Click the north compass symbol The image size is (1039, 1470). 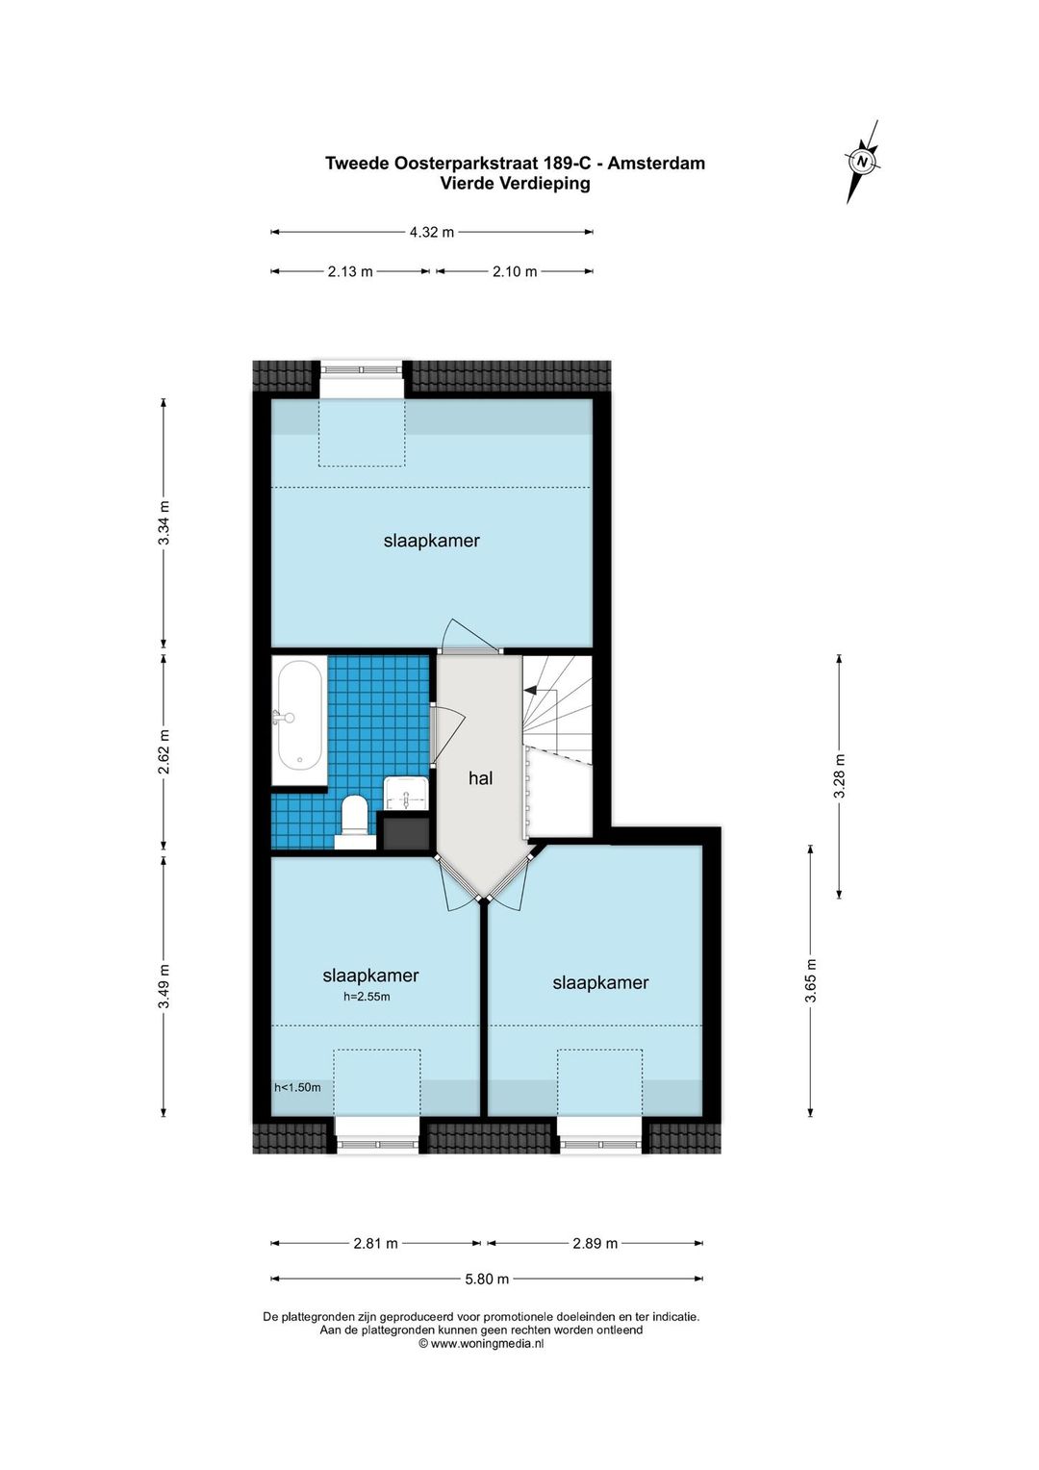click(862, 162)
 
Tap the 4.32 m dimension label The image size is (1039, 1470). click(431, 232)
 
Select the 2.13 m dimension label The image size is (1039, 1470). click(350, 271)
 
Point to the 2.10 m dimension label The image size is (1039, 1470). click(515, 271)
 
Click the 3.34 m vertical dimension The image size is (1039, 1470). click(165, 522)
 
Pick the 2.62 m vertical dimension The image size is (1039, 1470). click(165, 751)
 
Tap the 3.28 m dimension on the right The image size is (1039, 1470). click(839, 775)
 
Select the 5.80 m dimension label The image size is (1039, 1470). click(487, 1279)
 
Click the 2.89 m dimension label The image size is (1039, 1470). click(596, 1243)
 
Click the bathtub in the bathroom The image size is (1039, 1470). click(299, 721)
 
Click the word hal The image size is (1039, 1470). click(480, 778)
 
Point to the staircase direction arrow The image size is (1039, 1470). click(530, 690)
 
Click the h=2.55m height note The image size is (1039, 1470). click(367, 997)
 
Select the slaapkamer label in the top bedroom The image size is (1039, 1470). click(431, 541)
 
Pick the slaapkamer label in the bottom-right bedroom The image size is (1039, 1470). click(600, 982)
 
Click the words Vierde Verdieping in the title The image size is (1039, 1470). click(515, 184)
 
